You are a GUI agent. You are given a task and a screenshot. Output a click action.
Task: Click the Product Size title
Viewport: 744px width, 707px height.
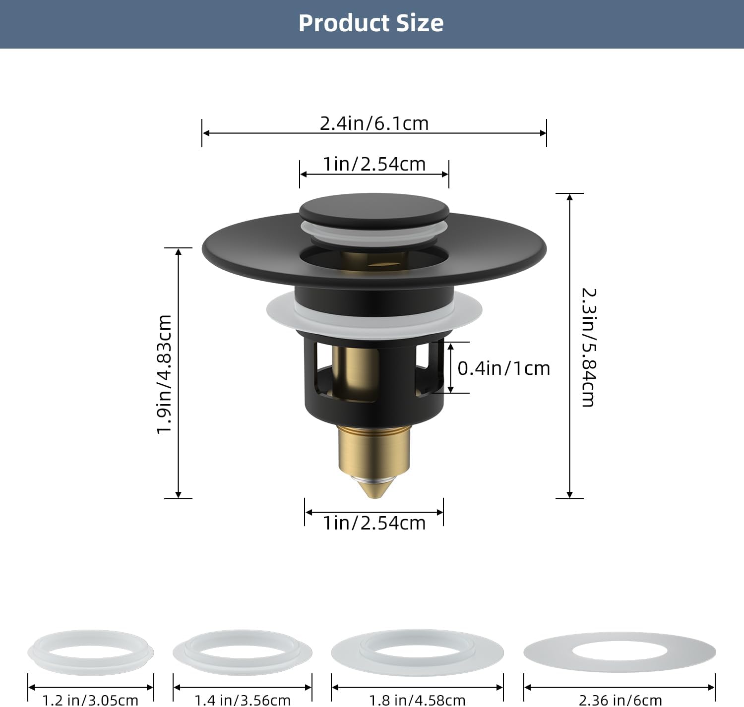coord(371,23)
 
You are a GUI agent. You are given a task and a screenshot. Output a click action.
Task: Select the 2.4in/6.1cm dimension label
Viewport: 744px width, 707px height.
coord(374,123)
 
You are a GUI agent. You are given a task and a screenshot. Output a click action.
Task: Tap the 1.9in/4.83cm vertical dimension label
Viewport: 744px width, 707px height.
coord(164,374)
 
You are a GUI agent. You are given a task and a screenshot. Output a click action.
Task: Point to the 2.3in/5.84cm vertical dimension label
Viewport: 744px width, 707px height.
coord(588,347)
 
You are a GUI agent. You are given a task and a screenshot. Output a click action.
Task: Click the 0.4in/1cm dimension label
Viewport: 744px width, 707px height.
coord(503,368)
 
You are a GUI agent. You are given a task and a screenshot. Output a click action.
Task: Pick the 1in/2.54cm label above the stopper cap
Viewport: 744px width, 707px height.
coord(374,164)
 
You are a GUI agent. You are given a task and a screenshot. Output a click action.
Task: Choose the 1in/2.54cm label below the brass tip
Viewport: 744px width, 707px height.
coord(374,523)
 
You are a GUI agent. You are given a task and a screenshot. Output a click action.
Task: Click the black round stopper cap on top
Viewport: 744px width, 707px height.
coord(374,208)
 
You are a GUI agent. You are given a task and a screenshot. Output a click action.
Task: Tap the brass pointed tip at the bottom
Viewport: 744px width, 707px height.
coord(374,488)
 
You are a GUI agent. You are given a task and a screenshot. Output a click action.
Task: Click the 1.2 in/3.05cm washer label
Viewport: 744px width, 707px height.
coord(90,700)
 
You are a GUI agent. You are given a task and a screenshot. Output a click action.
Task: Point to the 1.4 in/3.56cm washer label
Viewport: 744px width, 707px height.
coord(242,700)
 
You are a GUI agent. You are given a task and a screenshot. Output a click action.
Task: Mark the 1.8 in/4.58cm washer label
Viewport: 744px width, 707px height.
coord(417,700)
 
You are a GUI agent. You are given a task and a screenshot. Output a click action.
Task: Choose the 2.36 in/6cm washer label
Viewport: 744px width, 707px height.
coord(620,700)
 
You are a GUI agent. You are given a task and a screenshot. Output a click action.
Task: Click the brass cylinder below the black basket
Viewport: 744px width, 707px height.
coord(374,449)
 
